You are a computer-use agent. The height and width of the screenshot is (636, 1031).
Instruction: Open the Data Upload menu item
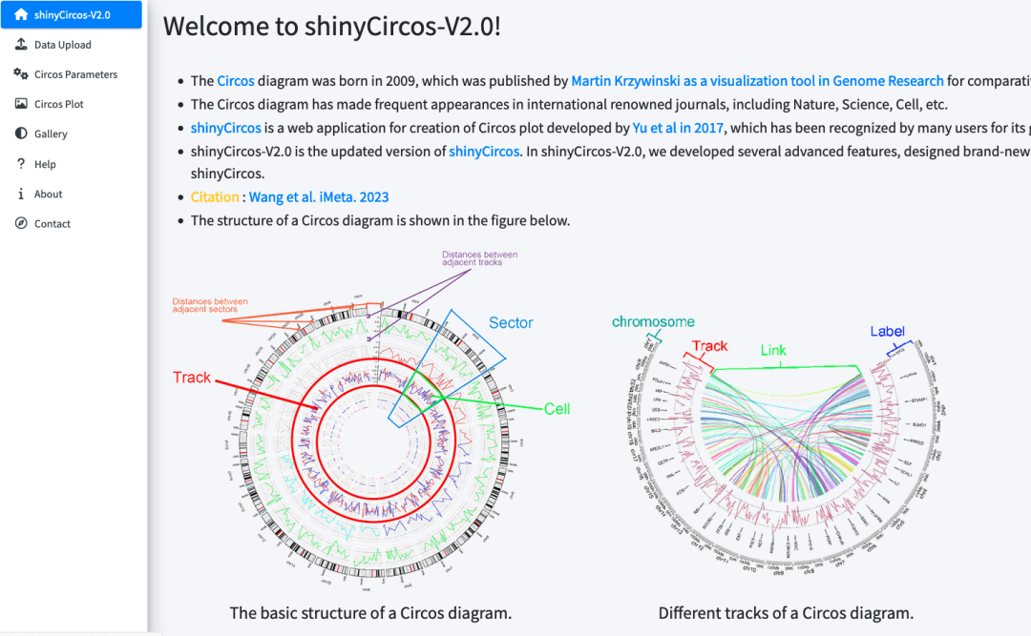pos(62,45)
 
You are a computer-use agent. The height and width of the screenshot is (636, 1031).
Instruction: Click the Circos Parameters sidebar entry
pos(75,74)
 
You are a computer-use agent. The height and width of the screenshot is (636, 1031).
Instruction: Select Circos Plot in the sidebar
pos(59,104)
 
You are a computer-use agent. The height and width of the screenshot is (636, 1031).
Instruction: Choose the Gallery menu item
pos(51,134)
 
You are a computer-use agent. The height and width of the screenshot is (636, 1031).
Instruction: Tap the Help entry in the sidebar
pos(45,164)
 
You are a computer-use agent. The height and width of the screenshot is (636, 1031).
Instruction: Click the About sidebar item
pos(48,194)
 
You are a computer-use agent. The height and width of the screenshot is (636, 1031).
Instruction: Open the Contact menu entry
pos(53,224)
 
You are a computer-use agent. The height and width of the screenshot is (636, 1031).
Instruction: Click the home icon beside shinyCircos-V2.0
pos(21,14)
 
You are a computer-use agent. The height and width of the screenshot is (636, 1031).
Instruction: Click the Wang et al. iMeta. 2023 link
pos(319,197)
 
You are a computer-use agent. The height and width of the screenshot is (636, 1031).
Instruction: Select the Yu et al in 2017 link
pos(678,128)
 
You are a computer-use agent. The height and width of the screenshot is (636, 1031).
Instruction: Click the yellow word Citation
pos(215,197)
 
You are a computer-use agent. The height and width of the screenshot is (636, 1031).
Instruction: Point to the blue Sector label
pos(511,323)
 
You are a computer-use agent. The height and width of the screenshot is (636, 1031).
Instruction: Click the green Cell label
pos(557,409)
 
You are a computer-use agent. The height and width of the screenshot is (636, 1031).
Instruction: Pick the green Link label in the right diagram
pos(773,351)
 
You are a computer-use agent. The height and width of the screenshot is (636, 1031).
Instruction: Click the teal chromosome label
pos(653,322)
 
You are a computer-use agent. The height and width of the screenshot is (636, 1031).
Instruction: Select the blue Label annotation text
pos(887,332)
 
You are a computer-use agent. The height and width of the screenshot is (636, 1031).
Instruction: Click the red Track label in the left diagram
pos(192,378)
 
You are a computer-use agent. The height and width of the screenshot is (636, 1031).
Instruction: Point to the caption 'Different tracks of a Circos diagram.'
pos(786,613)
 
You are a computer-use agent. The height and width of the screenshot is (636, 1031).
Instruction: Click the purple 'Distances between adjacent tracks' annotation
pos(479,258)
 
